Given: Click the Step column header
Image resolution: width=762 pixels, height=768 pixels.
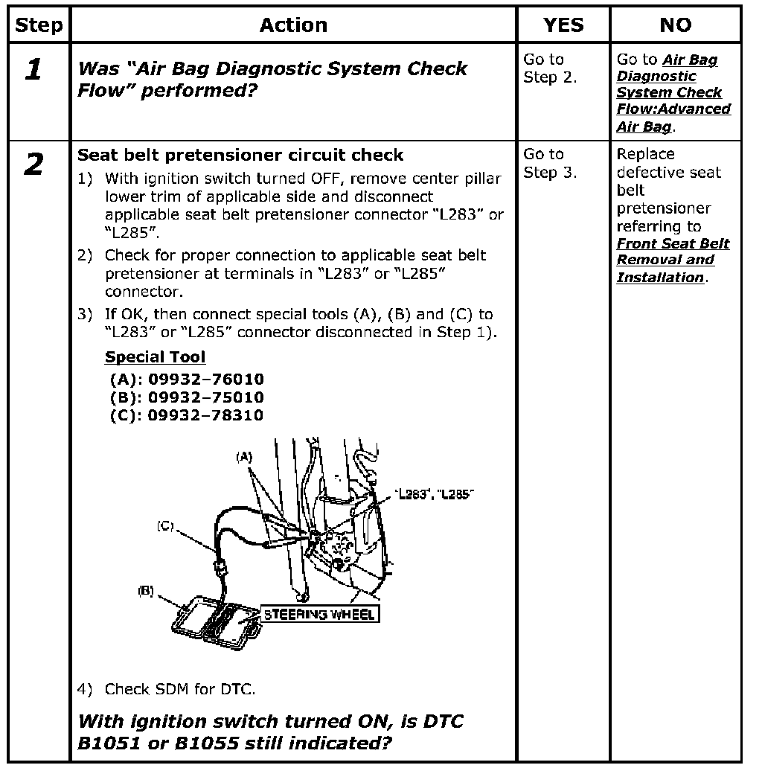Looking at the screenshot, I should pos(39,25).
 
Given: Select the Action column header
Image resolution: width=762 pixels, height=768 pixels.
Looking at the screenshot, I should pos(293,25).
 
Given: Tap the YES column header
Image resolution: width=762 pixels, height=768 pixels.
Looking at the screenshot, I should pos(563,25).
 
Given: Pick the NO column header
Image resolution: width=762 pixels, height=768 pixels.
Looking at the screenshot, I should pos(675,25).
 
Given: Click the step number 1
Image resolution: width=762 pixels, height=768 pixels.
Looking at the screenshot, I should pos(33,71).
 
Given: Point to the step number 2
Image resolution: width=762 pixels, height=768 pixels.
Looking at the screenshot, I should pos(33,165).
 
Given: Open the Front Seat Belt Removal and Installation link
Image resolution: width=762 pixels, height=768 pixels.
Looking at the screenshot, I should pos(673,260).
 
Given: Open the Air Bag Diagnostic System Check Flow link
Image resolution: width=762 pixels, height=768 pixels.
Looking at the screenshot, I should pos(673,93).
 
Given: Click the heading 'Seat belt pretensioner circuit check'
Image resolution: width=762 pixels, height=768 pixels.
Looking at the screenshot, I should pos(240,156).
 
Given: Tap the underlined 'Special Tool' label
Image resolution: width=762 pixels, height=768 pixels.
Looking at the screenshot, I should pos(155,357).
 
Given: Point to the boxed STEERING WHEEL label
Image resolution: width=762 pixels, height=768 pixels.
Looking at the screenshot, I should pos(319,615).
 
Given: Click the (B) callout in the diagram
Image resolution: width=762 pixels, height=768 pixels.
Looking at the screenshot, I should pos(146,592).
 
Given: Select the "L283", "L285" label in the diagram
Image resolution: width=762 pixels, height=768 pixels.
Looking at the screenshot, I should pos(437,495).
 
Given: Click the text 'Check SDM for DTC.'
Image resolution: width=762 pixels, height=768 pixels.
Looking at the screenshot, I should pos(179,689).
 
